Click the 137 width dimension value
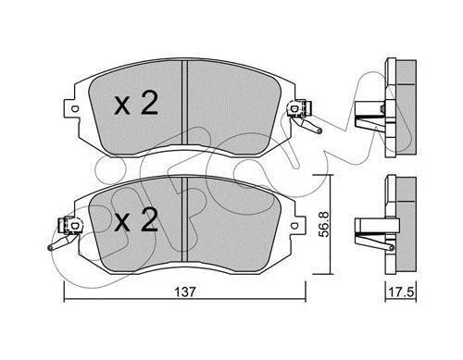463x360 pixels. tap(185, 292)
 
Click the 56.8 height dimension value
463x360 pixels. tap(324, 224)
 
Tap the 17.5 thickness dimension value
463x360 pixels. tap(401, 292)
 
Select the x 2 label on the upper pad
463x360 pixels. tap(136, 104)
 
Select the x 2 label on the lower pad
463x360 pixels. tap(136, 219)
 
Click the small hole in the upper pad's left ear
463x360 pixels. tap(74, 109)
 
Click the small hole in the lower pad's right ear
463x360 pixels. tap(294, 226)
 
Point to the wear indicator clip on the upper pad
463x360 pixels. tap(299, 109)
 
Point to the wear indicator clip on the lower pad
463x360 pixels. tap(70, 226)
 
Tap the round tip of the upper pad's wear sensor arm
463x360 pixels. tap(319, 131)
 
